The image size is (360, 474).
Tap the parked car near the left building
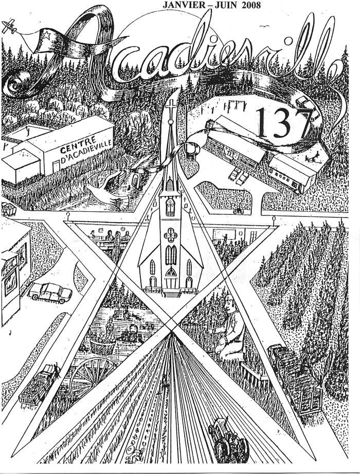click(x=50, y=291)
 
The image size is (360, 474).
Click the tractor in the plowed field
click(x=226, y=437)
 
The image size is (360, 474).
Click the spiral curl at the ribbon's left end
click(x=19, y=82)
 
